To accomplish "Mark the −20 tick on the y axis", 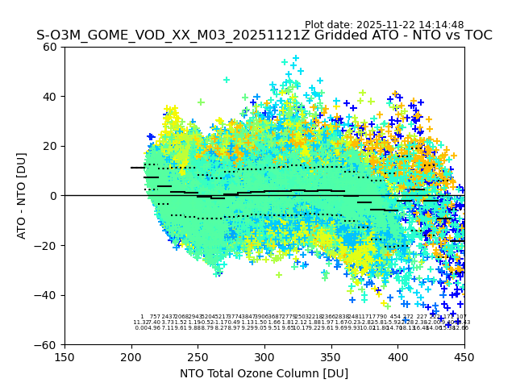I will pyautogui.click(x=48, y=245).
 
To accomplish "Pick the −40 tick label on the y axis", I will pyautogui.click(x=48, y=295).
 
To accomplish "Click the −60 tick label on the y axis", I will pyautogui.click(x=48, y=345).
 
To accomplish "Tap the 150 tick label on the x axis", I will pyautogui.click(x=64, y=356).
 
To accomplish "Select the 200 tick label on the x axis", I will pyautogui.click(x=131, y=356).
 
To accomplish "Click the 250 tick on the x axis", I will pyautogui.click(x=198, y=356).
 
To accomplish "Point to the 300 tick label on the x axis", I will pyautogui.click(x=264, y=356).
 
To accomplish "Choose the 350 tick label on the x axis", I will pyautogui.click(x=331, y=356).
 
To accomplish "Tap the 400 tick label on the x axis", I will pyautogui.click(x=397, y=356).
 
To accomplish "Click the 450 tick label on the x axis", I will pyautogui.click(x=464, y=356).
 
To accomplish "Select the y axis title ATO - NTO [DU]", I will pyautogui.click(x=22, y=196).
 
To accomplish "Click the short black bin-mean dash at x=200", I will pyautogui.click(x=137, y=168).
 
